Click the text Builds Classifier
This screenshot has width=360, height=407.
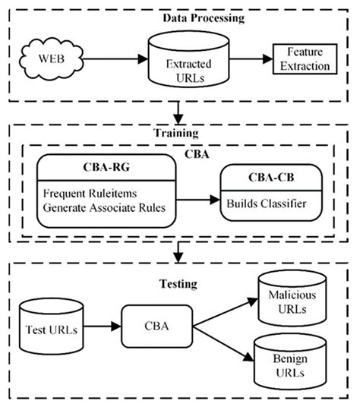[263, 204]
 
